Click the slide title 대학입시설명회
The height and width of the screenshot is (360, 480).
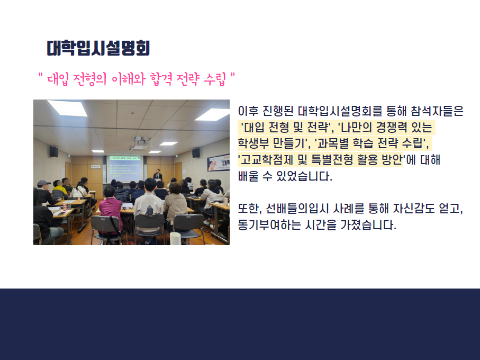98,48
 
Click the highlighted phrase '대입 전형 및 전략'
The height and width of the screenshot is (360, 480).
286,127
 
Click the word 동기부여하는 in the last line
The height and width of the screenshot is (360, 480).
269,225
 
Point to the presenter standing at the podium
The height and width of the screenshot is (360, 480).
157,175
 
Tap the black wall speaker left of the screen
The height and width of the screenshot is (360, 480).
54,151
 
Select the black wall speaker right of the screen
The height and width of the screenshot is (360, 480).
196,153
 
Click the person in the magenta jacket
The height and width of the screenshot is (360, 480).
111,213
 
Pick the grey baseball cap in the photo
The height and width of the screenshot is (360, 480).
43,183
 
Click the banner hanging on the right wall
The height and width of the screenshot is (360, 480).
218,163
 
